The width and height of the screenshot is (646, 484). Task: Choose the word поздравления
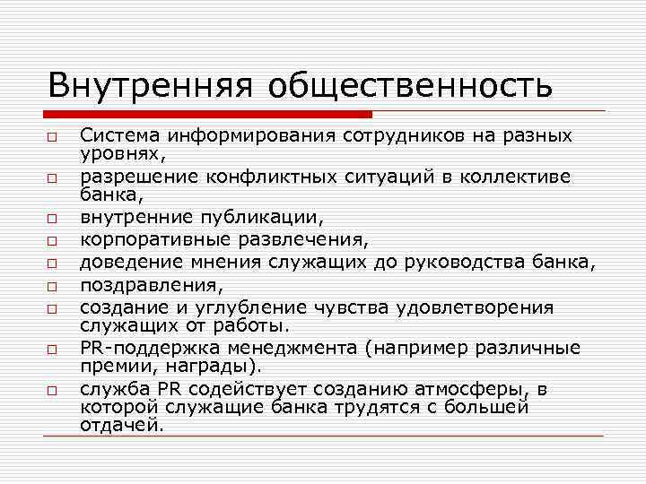click(146, 285)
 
